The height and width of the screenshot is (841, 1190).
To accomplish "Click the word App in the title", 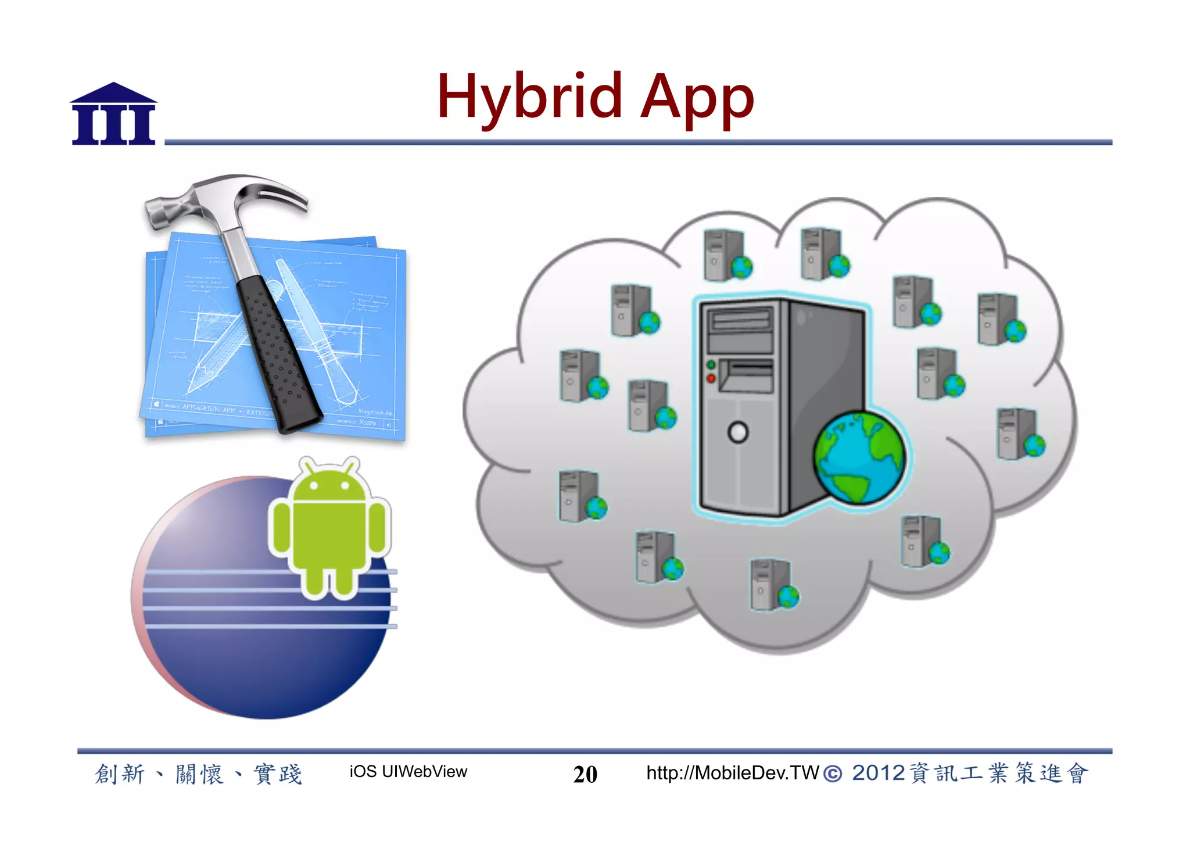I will coord(697,99).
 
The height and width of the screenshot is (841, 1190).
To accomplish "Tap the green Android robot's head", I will coord(329,482).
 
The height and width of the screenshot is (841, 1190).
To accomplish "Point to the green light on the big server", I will coord(711,365).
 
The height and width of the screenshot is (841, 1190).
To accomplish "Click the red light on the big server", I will coord(711,378).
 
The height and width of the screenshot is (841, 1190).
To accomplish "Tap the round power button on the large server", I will coord(738,432).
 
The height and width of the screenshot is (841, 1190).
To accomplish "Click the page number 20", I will coord(585,774).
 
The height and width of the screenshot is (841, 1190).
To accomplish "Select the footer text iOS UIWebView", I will coord(408,772).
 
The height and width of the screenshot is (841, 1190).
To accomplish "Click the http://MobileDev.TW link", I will coord(732,773).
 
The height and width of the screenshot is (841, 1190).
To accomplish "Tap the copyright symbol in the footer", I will coord(833,774).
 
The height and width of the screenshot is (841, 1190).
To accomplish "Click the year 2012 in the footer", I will coord(878,773).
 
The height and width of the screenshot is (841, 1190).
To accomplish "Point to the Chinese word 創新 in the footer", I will coord(120,774).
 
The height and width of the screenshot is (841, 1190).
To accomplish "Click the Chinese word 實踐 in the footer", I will coord(278,774).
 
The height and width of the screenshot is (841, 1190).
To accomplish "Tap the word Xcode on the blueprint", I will coord(367,423).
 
